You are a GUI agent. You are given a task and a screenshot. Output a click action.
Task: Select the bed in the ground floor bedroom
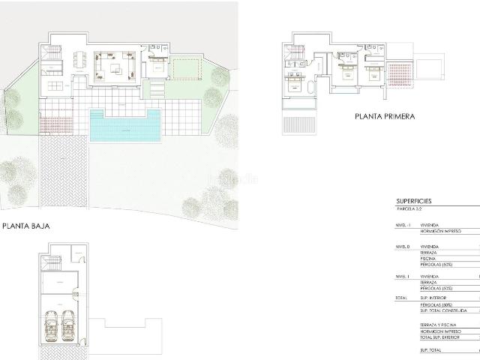[159, 67]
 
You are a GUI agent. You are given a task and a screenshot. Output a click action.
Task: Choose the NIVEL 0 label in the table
[403, 247]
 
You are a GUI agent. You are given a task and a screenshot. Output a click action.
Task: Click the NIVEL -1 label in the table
[403, 225]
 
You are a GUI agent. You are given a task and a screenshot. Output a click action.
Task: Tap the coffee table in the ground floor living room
[116, 68]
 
